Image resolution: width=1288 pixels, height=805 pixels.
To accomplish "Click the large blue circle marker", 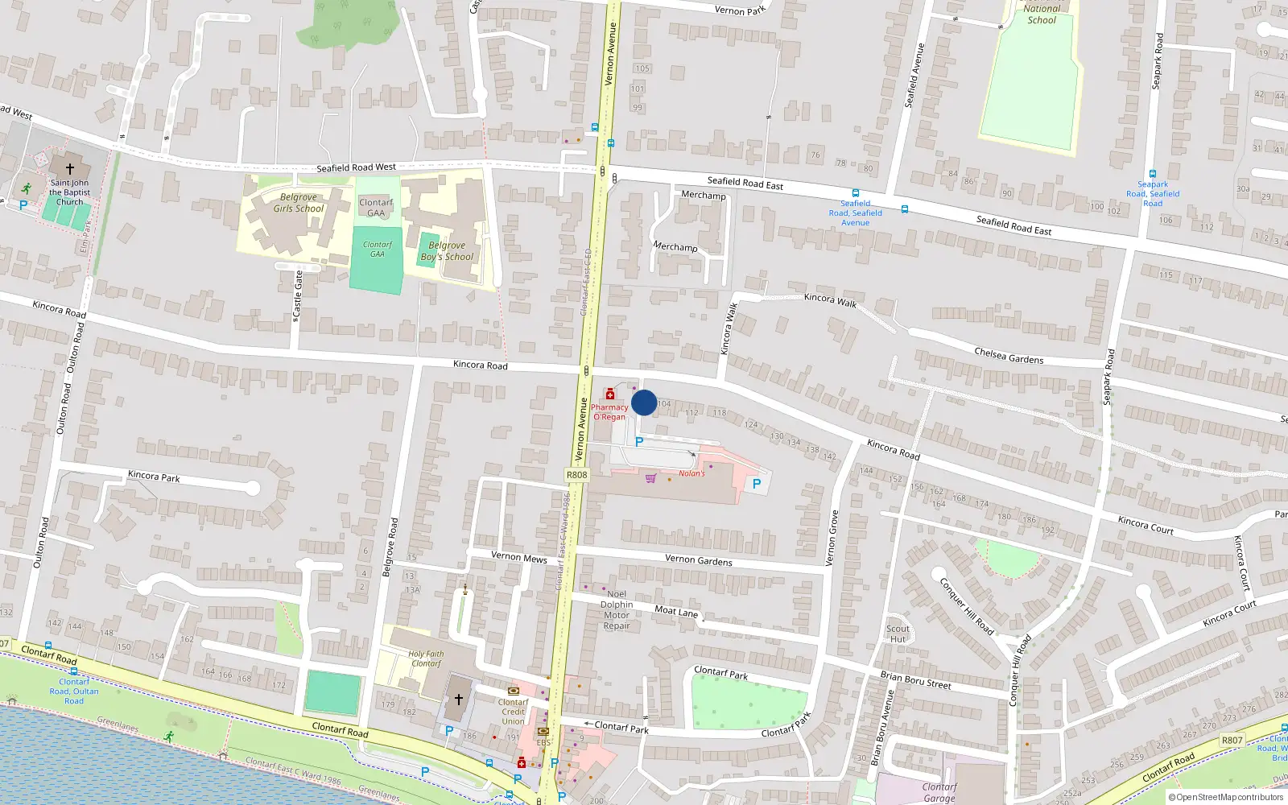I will (x=644, y=402).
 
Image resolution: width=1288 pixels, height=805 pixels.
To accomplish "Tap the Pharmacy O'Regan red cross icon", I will (x=610, y=394).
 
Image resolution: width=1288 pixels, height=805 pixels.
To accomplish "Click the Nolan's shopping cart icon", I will (x=650, y=478).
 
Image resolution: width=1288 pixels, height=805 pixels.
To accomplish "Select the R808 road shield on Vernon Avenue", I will (x=577, y=475).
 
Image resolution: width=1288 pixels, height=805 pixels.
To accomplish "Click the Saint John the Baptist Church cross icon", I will (x=70, y=169).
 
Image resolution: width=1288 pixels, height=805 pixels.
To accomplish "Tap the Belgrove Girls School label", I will (x=298, y=203).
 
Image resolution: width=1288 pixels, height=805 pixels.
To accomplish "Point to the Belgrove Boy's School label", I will (x=447, y=251).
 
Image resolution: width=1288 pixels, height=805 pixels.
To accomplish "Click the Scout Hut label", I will (x=898, y=634).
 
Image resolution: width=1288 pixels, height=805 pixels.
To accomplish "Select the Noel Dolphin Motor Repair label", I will (x=617, y=609).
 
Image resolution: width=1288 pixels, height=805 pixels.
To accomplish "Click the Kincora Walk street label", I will (x=830, y=299).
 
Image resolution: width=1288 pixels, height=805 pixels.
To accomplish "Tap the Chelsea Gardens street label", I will (x=1009, y=356).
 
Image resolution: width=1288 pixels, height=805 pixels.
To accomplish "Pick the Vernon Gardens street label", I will (x=699, y=560).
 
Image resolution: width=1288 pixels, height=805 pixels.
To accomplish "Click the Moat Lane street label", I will (x=676, y=611).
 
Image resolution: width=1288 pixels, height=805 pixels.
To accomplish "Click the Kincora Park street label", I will (x=154, y=477).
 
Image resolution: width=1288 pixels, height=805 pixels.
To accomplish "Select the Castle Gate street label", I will (x=298, y=294).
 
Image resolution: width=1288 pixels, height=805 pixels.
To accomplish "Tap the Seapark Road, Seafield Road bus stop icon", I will (x=1153, y=174).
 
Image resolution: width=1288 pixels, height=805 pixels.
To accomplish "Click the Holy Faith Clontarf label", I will (x=426, y=658).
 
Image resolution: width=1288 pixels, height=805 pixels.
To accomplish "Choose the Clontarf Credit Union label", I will (x=513, y=712).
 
